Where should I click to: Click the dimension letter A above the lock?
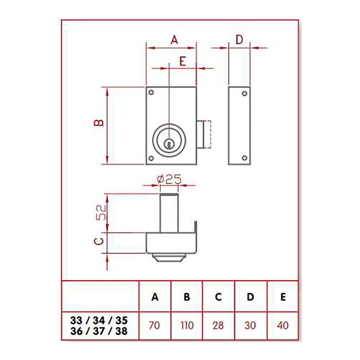coord(174,39)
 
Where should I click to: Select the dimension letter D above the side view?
coord(239,39)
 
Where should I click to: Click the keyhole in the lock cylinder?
coord(168,145)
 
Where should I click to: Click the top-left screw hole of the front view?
coord(152,93)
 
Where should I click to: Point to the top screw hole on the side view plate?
coord(245,94)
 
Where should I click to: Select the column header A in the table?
coord(155,297)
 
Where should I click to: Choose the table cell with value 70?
coord(155,325)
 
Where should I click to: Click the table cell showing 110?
coord(187,325)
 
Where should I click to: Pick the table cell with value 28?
coord(219,325)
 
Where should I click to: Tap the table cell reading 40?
coord(282,325)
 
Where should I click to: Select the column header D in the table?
coord(250,297)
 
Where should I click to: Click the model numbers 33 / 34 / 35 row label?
coord(99,320)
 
